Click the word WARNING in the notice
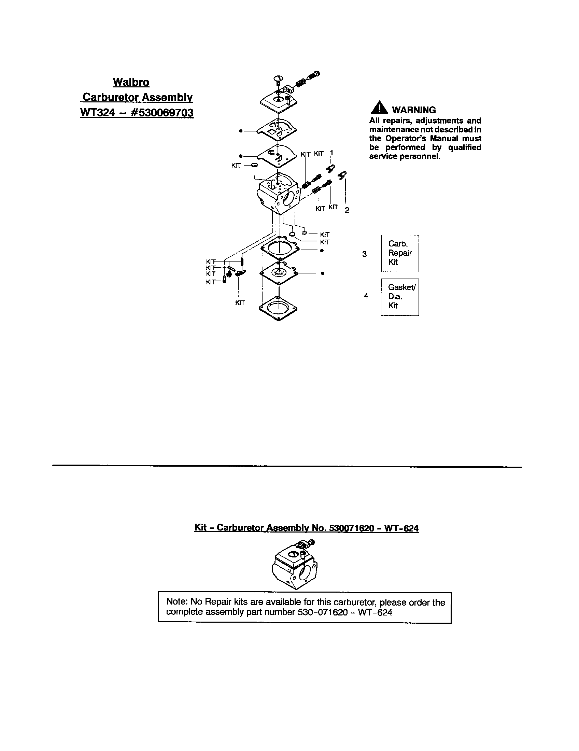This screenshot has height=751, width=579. [x=414, y=110]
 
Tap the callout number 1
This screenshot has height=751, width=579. [x=331, y=152]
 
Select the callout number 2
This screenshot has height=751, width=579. [x=347, y=210]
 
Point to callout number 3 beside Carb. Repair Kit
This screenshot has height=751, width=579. [x=365, y=254]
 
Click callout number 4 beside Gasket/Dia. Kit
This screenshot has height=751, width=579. [x=366, y=296]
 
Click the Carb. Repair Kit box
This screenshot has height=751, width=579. [x=399, y=253]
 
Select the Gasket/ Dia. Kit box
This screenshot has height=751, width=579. [x=399, y=296]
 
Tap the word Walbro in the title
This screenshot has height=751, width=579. [x=131, y=82]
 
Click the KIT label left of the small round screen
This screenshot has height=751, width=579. [x=236, y=166]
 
